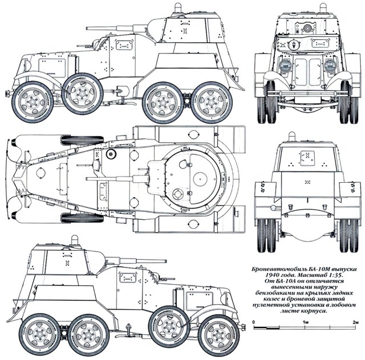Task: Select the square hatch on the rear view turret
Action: (307, 154)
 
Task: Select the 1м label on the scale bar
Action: (306, 322)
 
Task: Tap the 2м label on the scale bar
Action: (356, 322)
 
